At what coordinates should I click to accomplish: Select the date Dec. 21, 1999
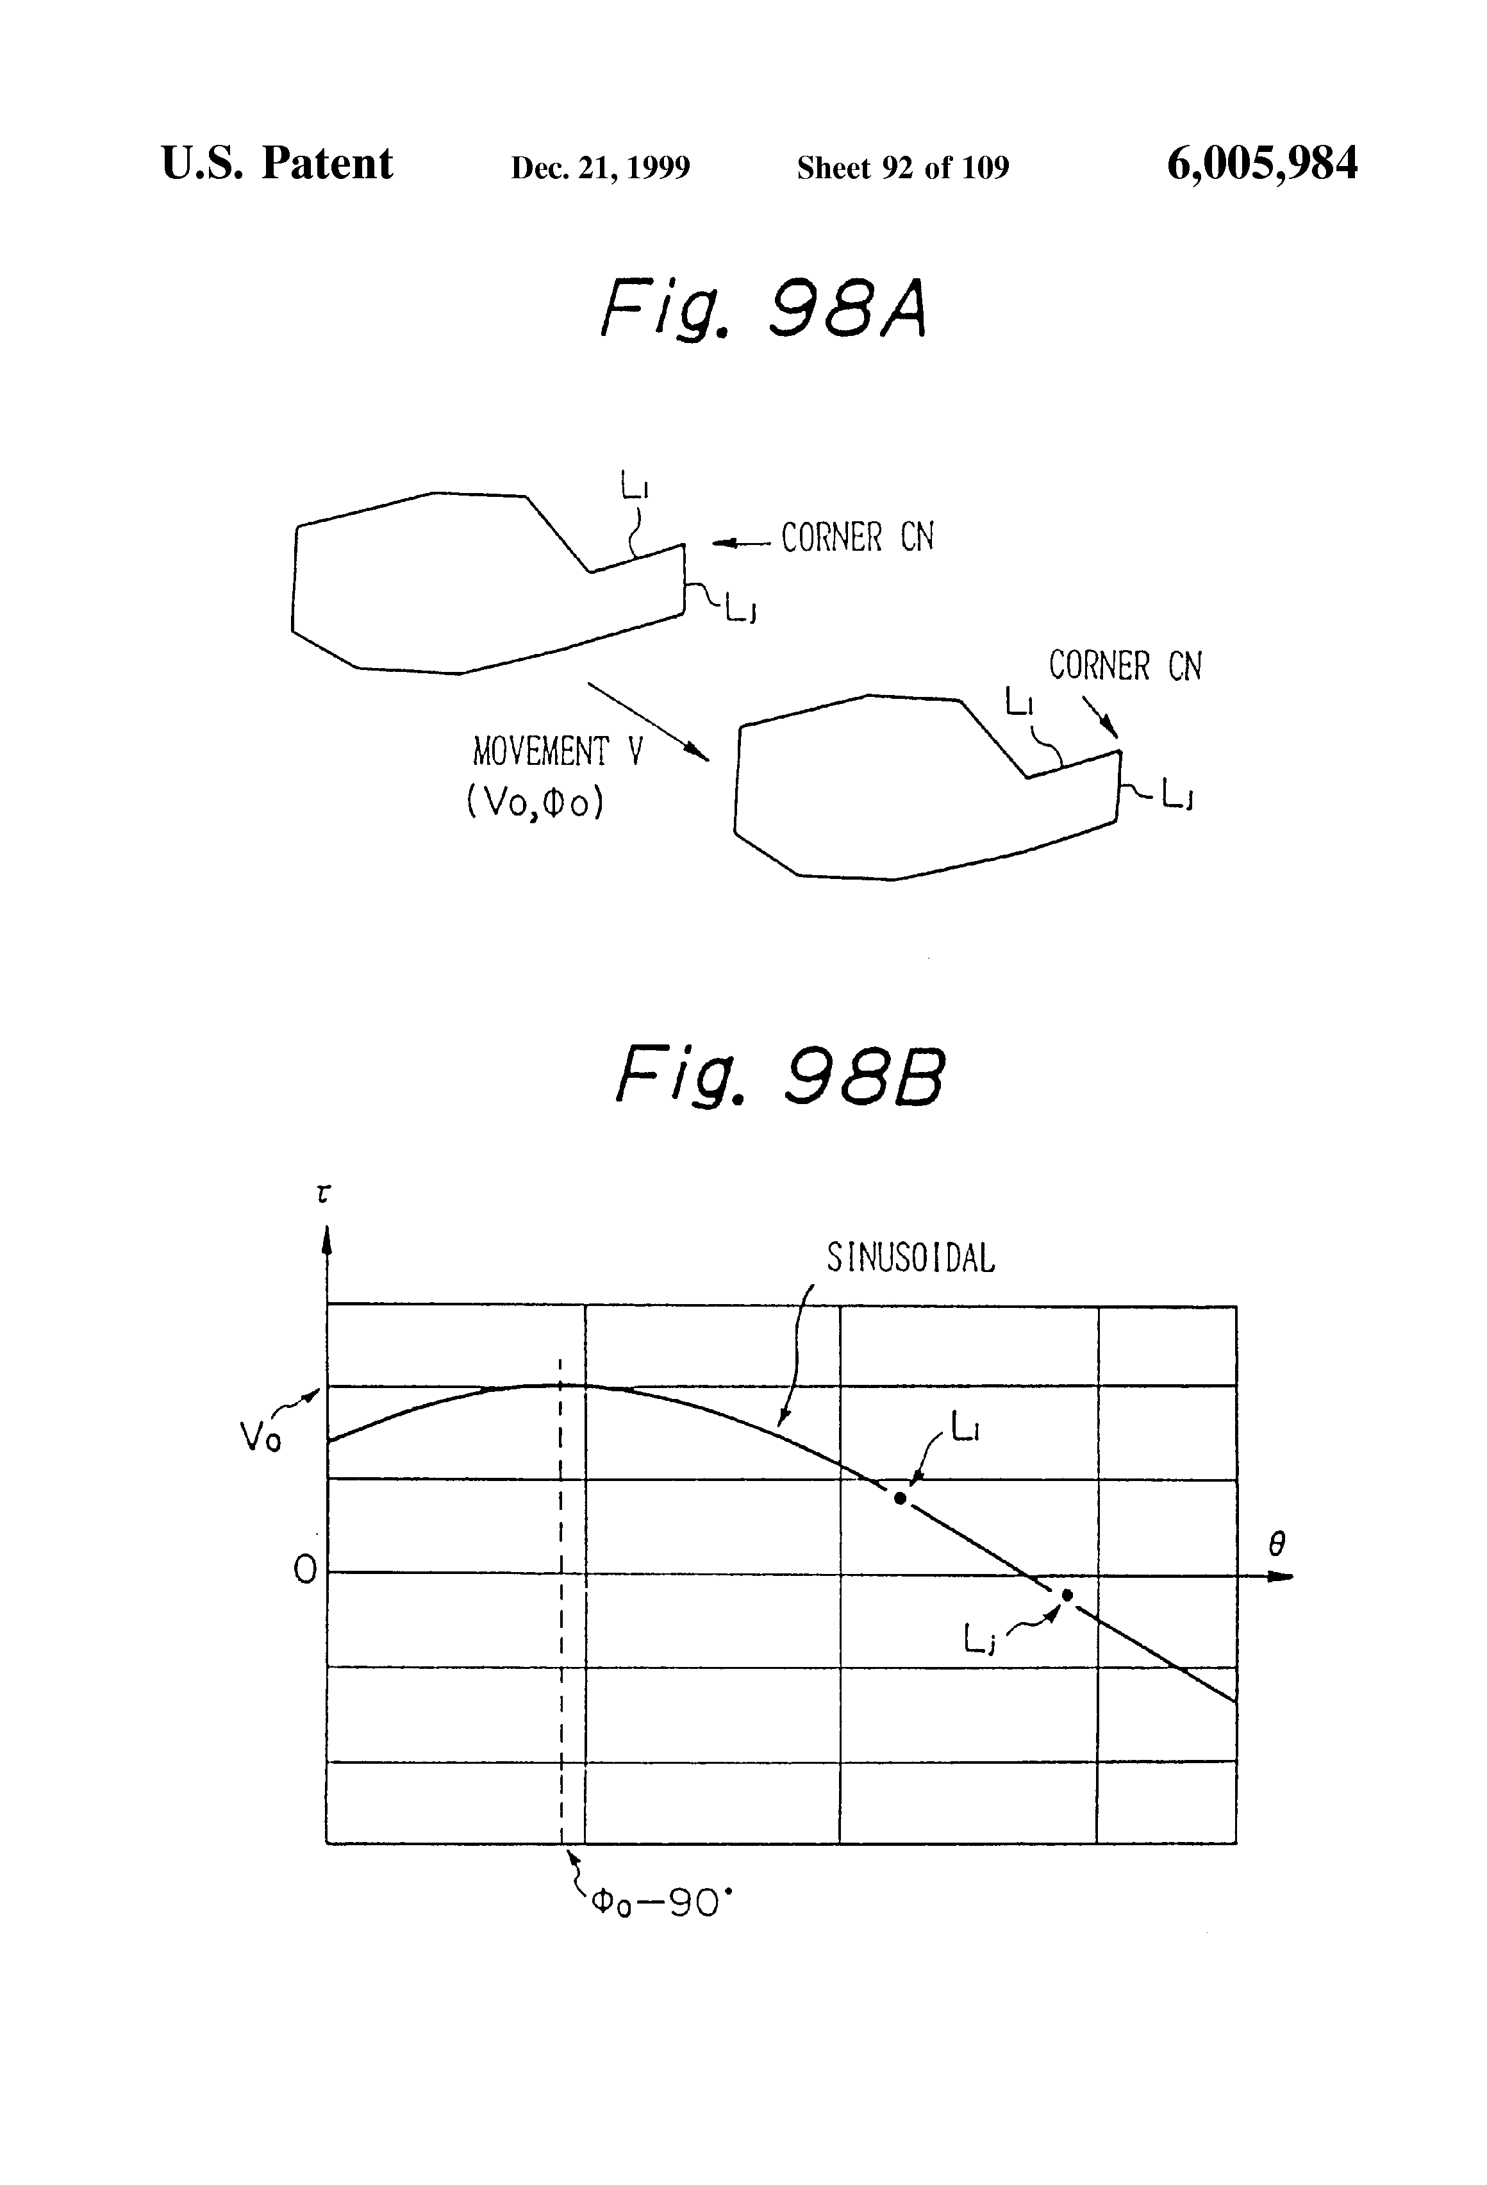[600, 167]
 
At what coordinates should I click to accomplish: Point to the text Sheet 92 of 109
[902, 167]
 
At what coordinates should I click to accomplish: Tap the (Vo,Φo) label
[535, 802]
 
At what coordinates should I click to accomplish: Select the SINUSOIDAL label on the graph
[910, 1258]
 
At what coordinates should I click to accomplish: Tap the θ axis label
[1275, 1544]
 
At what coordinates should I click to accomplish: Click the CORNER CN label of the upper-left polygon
[856, 538]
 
